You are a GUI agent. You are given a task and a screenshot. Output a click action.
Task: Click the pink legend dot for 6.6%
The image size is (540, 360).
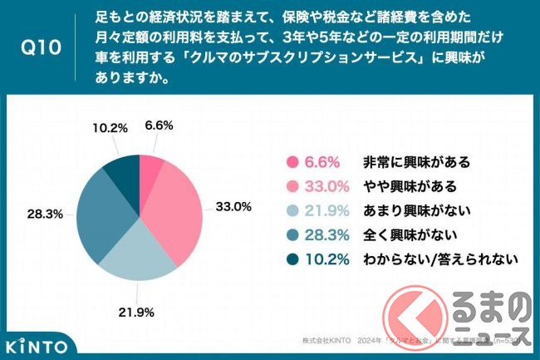[x=291, y=161]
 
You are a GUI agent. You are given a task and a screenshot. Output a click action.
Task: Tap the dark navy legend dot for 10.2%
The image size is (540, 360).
[x=291, y=259]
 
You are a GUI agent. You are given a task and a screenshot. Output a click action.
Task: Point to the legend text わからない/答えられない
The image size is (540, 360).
[x=441, y=259]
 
